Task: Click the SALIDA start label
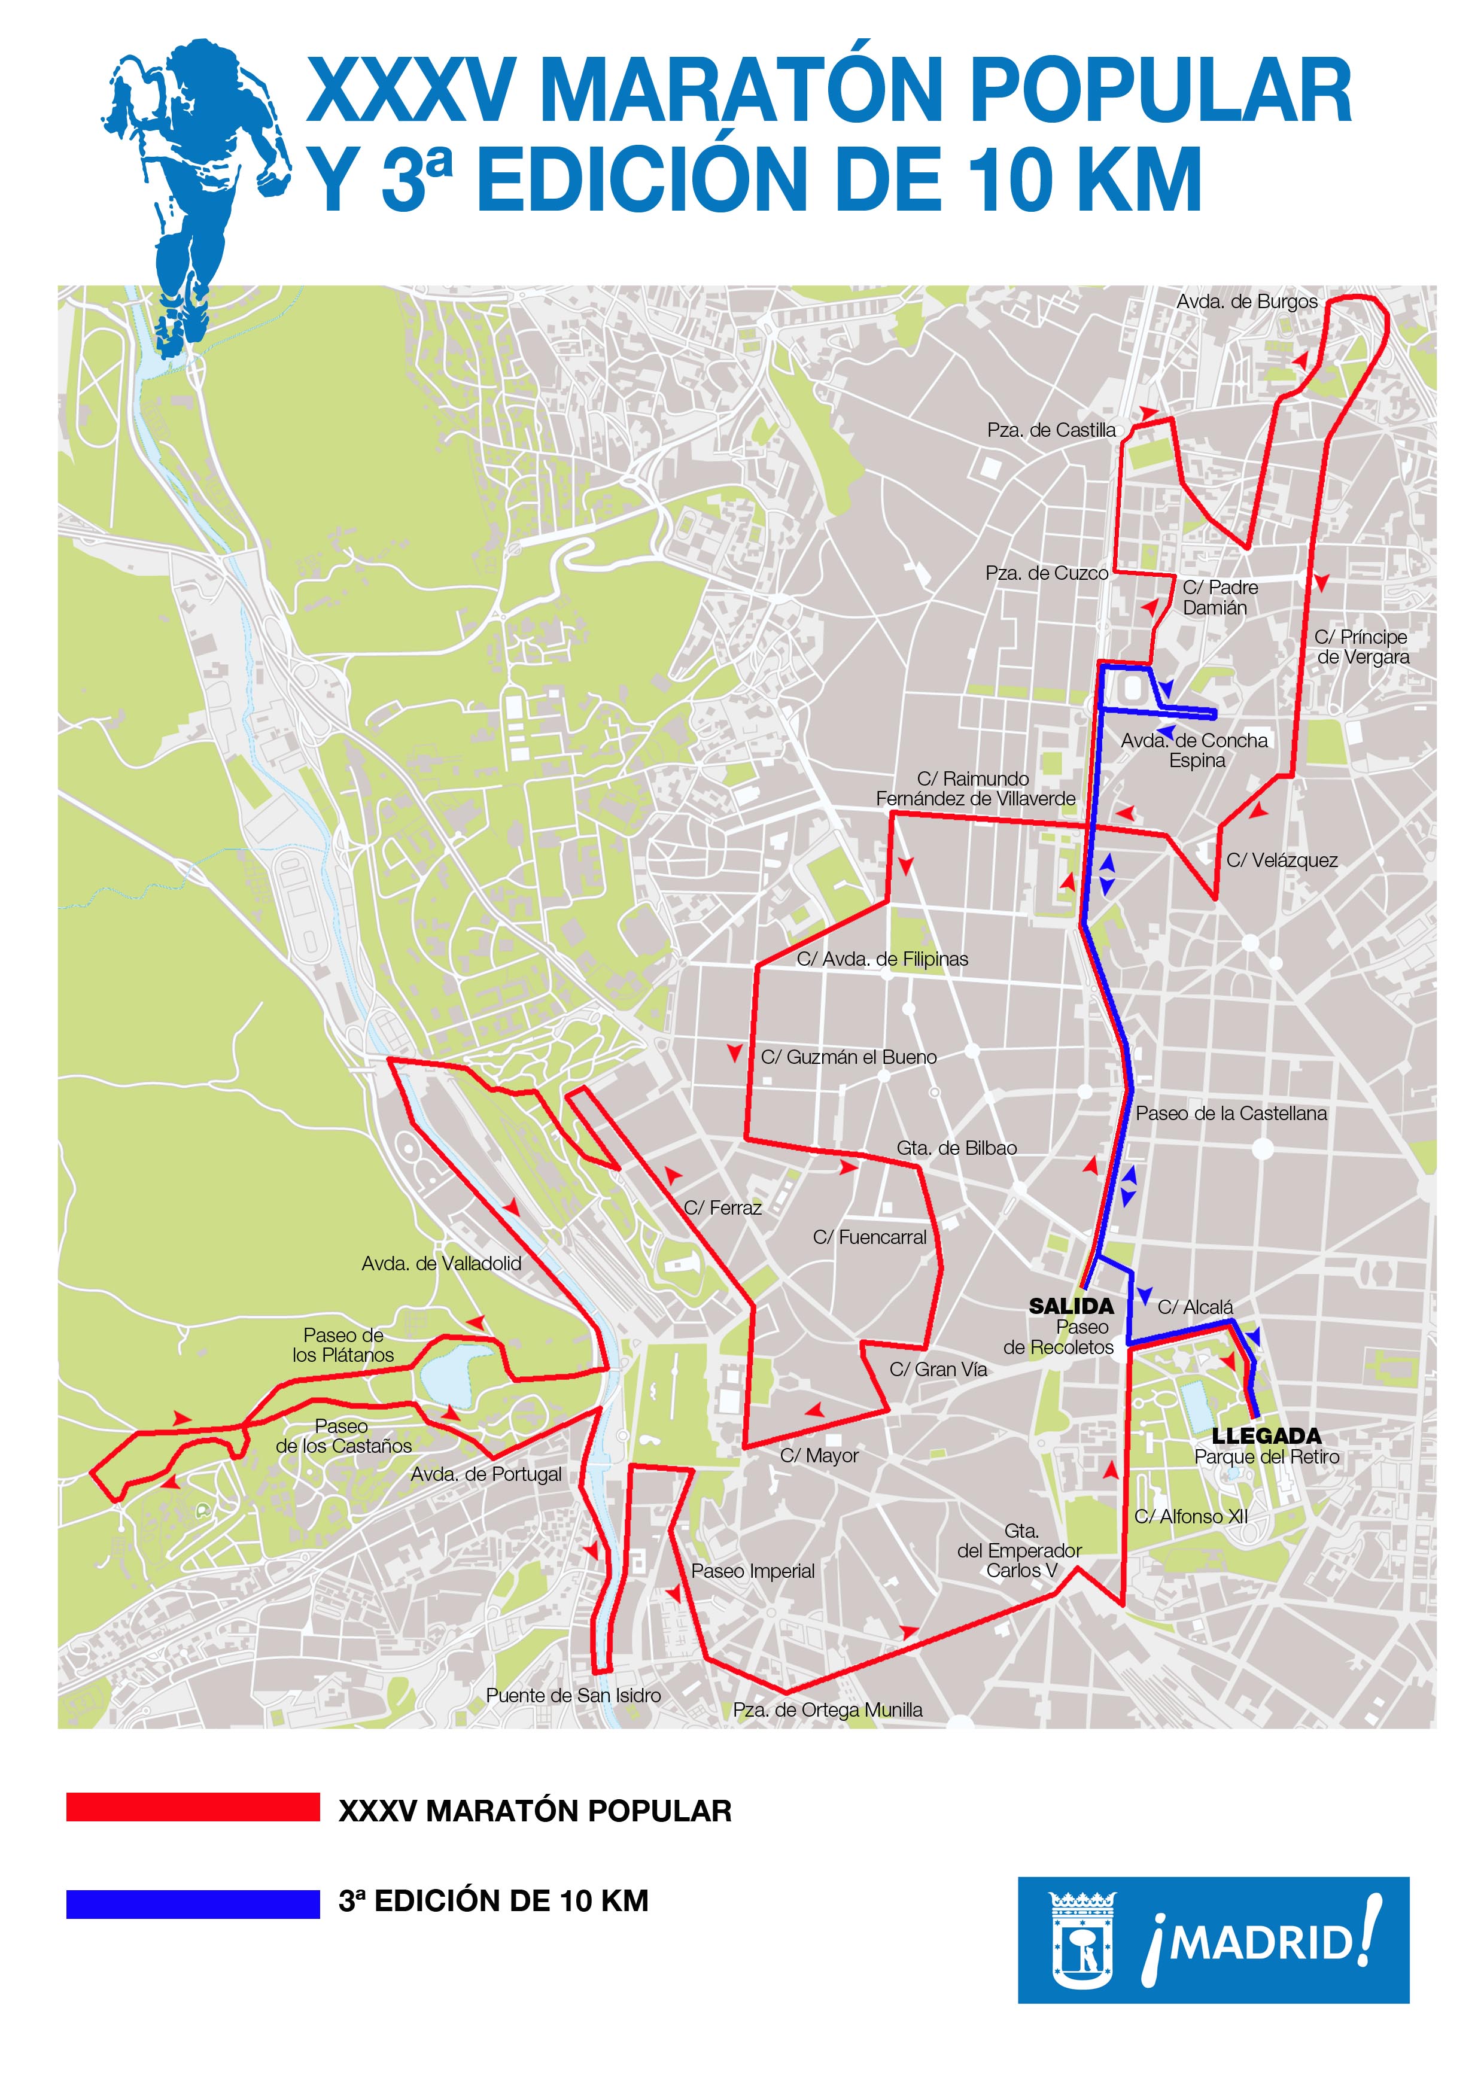coord(1071,1306)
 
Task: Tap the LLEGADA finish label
coord(1266,1436)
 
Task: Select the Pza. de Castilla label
coord(1051,431)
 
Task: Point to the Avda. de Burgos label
coord(1246,302)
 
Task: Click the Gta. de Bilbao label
coord(956,1148)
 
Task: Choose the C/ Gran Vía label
coord(938,1370)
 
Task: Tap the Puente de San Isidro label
coord(573,1696)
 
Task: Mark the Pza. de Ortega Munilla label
coord(828,1711)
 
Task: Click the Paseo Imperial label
coord(753,1571)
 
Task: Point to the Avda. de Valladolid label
coord(442,1264)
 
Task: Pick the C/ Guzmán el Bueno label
coord(849,1058)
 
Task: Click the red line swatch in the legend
coord(193,1808)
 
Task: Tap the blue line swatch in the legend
coord(193,1905)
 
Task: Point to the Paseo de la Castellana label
coord(1231,1114)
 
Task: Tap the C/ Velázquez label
coord(1282,860)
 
